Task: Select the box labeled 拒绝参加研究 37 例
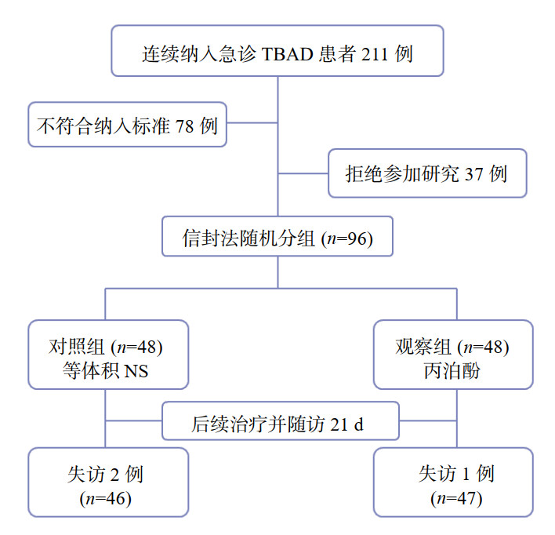pyautogui.click(x=427, y=173)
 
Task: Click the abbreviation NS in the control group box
pyautogui.click(x=135, y=370)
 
